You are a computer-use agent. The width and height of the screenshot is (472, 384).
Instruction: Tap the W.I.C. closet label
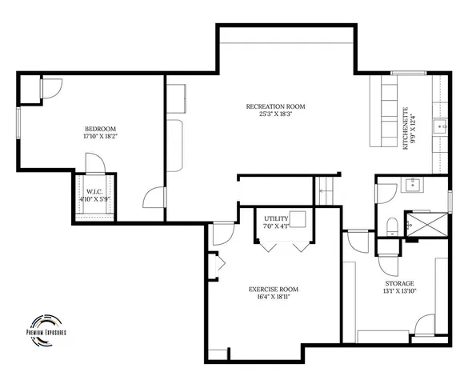point(94,192)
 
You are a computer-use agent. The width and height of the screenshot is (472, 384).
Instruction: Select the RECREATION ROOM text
point(275,106)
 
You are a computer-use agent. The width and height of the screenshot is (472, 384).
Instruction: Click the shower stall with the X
point(424,225)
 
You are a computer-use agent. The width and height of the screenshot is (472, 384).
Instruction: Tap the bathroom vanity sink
point(414,185)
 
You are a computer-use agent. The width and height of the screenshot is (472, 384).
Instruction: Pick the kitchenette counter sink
point(438,126)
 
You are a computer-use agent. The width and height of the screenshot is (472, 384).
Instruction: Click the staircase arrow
point(325,190)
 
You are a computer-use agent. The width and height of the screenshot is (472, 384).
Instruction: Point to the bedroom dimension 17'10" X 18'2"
point(100,137)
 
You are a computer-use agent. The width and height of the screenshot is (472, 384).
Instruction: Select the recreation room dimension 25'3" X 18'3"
point(275,114)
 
